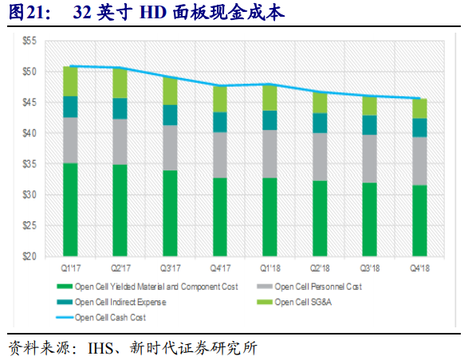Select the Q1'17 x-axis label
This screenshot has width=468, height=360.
[70, 268]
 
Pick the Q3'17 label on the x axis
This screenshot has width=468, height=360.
[170, 268]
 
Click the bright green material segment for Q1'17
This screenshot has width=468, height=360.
[70, 209]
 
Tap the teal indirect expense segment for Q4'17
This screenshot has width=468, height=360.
[219, 121]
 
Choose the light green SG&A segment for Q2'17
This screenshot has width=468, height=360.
[120, 83]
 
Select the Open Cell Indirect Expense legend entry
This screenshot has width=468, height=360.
[120, 302]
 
